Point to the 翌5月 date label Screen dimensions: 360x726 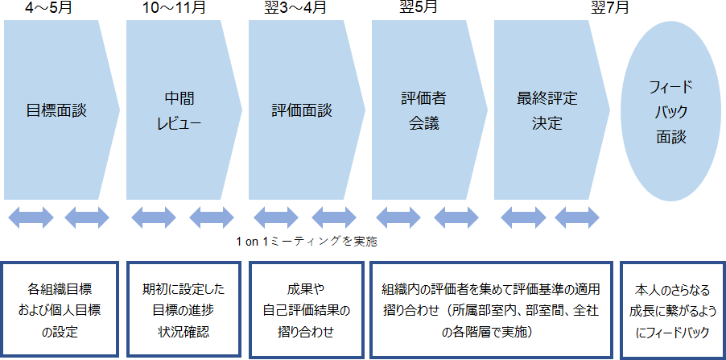pyautogui.click(x=419, y=10)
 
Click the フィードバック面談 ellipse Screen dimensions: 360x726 pyautogui.click(x=670, y=111)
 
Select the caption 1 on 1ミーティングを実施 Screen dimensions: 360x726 pyautogui.click(x=307, y=241)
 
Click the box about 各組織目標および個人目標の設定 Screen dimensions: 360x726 pyautogui.click(x=60, y=308)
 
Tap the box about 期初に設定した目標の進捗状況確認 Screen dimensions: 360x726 pyautogui.click(x=183, y=308)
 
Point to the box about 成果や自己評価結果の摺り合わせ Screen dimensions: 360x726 pyautogui.click(x=306, y=308)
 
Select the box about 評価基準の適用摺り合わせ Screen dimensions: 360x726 pyautogui.click(x=491, y=308)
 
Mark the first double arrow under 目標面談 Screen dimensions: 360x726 pyautogui.click(x=31, y=217)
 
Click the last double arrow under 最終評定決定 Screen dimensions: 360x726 pyautogui.click(x=577, y=217)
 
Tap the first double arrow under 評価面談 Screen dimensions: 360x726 pyautogui.click(x=276, y=217)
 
